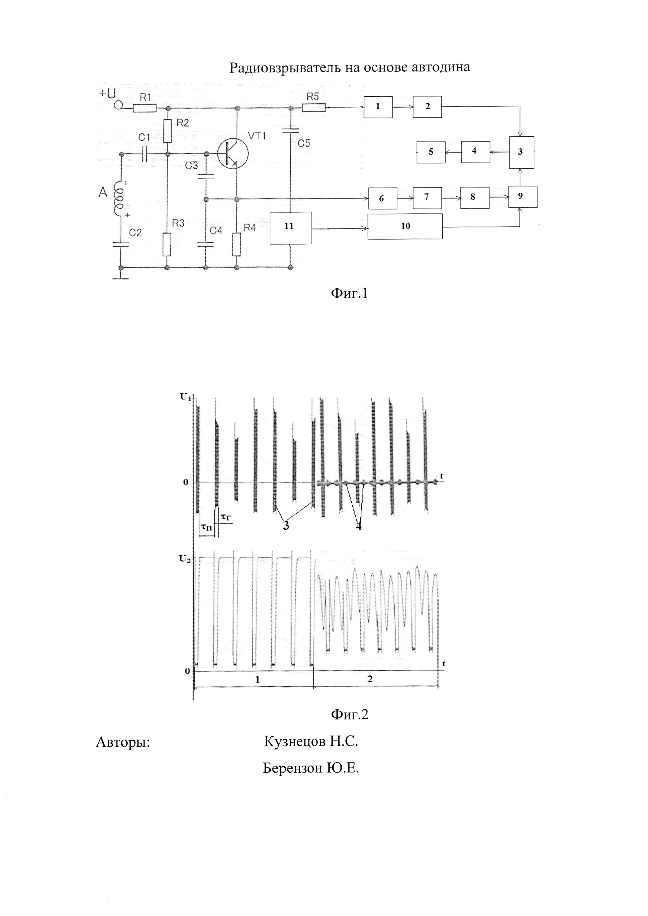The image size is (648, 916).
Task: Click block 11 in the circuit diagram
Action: click(291, 227)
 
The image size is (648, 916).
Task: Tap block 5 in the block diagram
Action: click(431, 152)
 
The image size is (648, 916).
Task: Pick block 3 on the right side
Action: click(521, 152)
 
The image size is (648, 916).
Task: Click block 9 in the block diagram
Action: click(522, 197)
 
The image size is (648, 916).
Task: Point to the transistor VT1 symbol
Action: click(233, 154)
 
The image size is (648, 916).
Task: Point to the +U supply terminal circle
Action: click(118, 106)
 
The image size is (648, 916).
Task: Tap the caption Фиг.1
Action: click(349, 294)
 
